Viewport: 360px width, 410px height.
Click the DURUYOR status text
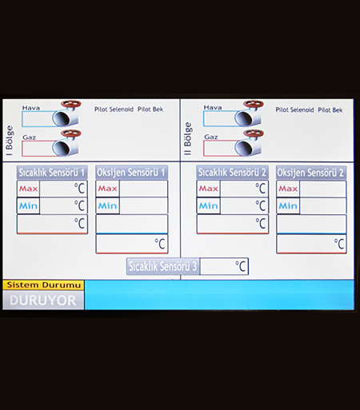(x=42, y=301)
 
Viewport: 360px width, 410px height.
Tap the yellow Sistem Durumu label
(x=43, y=285)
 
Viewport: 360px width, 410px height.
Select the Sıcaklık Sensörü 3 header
(x=163, y=266)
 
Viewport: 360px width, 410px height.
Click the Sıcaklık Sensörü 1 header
(x=52, y=173)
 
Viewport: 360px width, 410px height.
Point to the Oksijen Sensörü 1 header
(x=131, y=173)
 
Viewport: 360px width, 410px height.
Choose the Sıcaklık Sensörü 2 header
(x=232, y=173)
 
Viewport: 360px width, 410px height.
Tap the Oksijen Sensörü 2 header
(x=311, y=173)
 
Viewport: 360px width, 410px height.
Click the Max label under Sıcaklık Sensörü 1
(x=28, y=189)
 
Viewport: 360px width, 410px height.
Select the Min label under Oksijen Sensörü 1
(x=107, y=205)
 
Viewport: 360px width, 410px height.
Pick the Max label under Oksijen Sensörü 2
(x=288, y=189)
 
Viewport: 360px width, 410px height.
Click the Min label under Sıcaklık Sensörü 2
(x=208, y=205)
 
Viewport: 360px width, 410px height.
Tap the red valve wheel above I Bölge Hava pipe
(x=71, y=104)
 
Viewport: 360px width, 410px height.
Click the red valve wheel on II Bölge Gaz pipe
(x=254, y=133)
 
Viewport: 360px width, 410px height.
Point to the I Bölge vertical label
(x=9, y=141)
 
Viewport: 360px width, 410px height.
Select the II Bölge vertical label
(x=188, y=138)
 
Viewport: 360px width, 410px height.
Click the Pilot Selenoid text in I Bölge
(x=114, y=109)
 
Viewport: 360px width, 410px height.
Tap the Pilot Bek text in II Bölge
(x=330, y=109)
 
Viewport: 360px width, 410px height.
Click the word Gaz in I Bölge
(x=29, y=137)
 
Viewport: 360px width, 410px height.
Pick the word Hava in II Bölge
(x=213, y=107)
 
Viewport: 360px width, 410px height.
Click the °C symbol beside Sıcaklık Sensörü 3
(x=240, y=266)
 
